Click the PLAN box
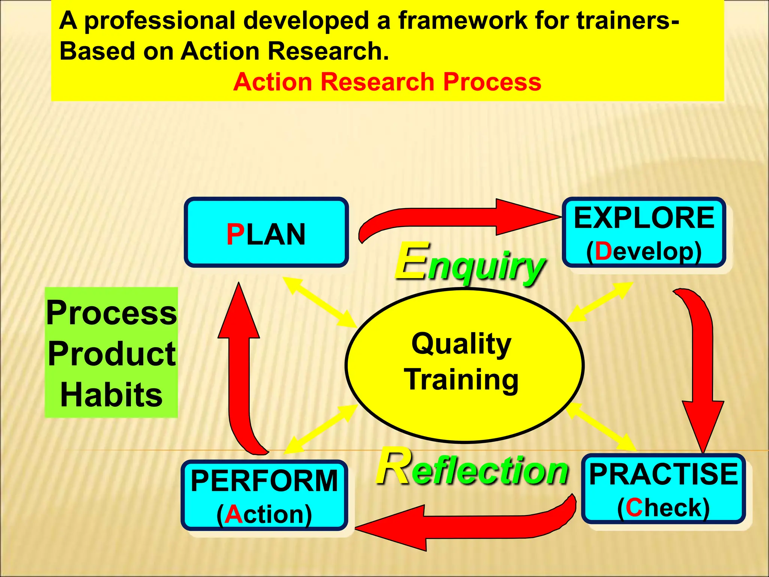266,233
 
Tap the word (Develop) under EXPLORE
644,251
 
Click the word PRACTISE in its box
663,474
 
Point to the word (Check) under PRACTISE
663,508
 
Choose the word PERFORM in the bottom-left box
264,481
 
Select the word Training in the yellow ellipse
461,380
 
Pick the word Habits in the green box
112,395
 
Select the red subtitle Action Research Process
387,82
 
